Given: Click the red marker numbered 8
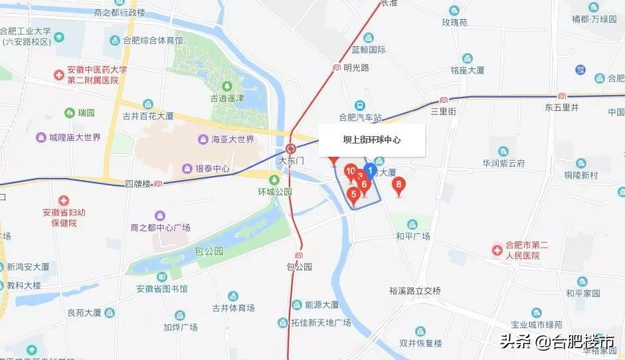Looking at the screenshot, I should tap(399, 185).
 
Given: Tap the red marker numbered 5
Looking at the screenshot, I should tap(354, 195).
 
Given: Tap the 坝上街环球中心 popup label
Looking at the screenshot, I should tap(371, 140).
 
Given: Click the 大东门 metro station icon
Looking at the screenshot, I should tap(290, 148).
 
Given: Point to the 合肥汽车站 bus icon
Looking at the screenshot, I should tap(359, 106).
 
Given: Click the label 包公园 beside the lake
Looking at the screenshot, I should tap(209, 252).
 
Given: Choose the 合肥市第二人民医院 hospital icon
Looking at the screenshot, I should tap(497, 250).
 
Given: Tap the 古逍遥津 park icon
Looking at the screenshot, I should tap(228, 86).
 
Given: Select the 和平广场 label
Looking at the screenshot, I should tap(412, 236).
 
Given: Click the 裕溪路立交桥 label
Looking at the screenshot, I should tap(415, 290).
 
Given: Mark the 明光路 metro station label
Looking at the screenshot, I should tap(356, 68).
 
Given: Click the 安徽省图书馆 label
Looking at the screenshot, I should tap(162, 289).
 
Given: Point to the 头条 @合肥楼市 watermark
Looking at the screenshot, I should tap(557, 342).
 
